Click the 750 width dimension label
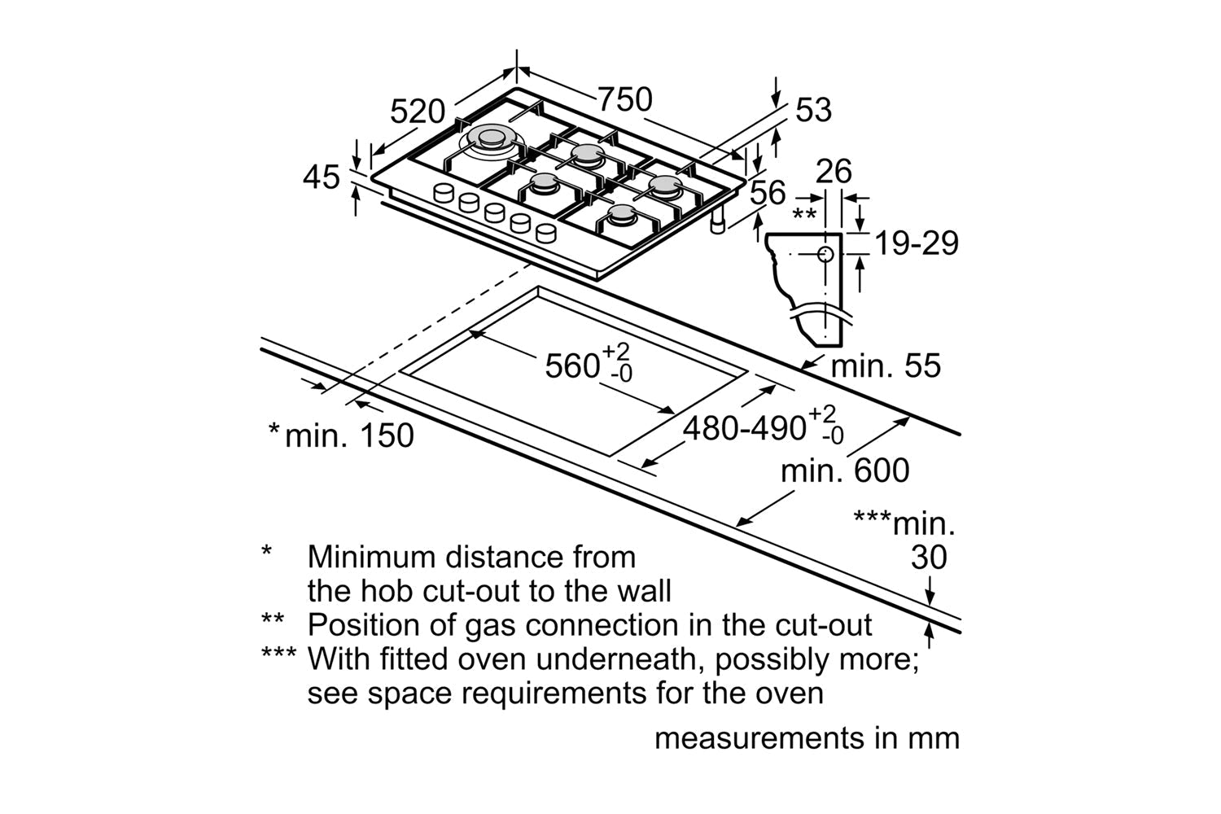click(x=625, y=99)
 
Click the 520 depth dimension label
click(x=418, y=112)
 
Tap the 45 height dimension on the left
click(x=321, y=177)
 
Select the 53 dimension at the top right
click(x=813, y=110)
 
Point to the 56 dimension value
click(x=768, y=193)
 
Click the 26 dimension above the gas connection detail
click(x=834, y=172)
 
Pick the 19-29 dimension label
click(x=916, y=243)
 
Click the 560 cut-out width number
click(x=572, y=365)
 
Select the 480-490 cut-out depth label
click(x=744, y=427)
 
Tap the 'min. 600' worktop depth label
click(x=845, y=470)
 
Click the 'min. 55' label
click(x=885, y=365)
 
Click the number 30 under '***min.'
click(x=929, y=558)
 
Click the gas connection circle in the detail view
click(x=825, y=253)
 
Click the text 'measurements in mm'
click(x=807, y=738)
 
